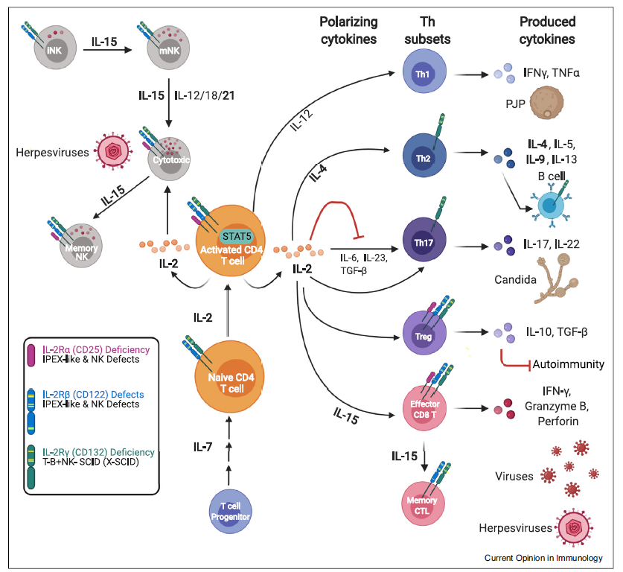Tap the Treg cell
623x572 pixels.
[x=424, y=333]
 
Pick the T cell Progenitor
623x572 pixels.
[x=231, y=511]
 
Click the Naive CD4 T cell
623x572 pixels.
[x=230, y=377]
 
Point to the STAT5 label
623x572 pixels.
[x=237, y=236]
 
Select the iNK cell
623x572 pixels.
[x=55, y=48]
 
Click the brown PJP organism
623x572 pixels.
[x=547, y=104]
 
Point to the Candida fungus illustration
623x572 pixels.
[x=555, y=279]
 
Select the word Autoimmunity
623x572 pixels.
[x=568, y=364]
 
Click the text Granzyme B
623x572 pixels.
[x=557, y=406]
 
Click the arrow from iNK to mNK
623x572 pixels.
[x=107, y=50]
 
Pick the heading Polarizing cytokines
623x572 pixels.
[x=348, y=31]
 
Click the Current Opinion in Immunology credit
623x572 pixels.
[x=543, y=558]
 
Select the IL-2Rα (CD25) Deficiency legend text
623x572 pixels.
[x=96, y=349]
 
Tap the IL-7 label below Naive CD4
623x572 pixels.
[x=203, y=447]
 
